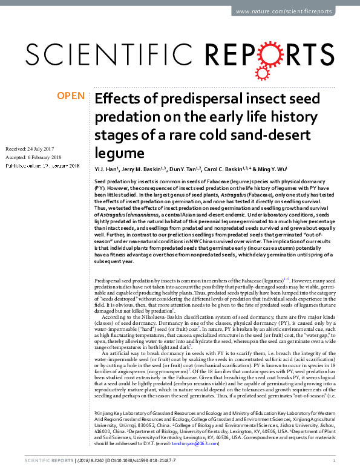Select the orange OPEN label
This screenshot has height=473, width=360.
click(x=70, y=96)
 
